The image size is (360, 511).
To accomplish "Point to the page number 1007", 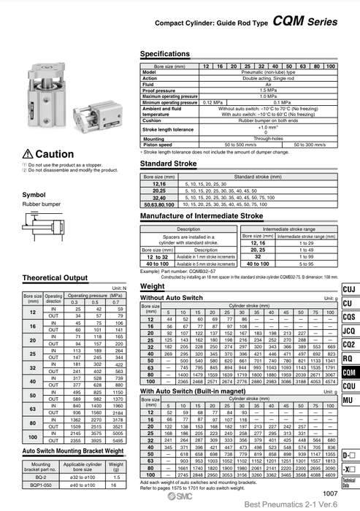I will point(330,493).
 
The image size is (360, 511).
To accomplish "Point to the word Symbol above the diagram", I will point(34,195).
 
